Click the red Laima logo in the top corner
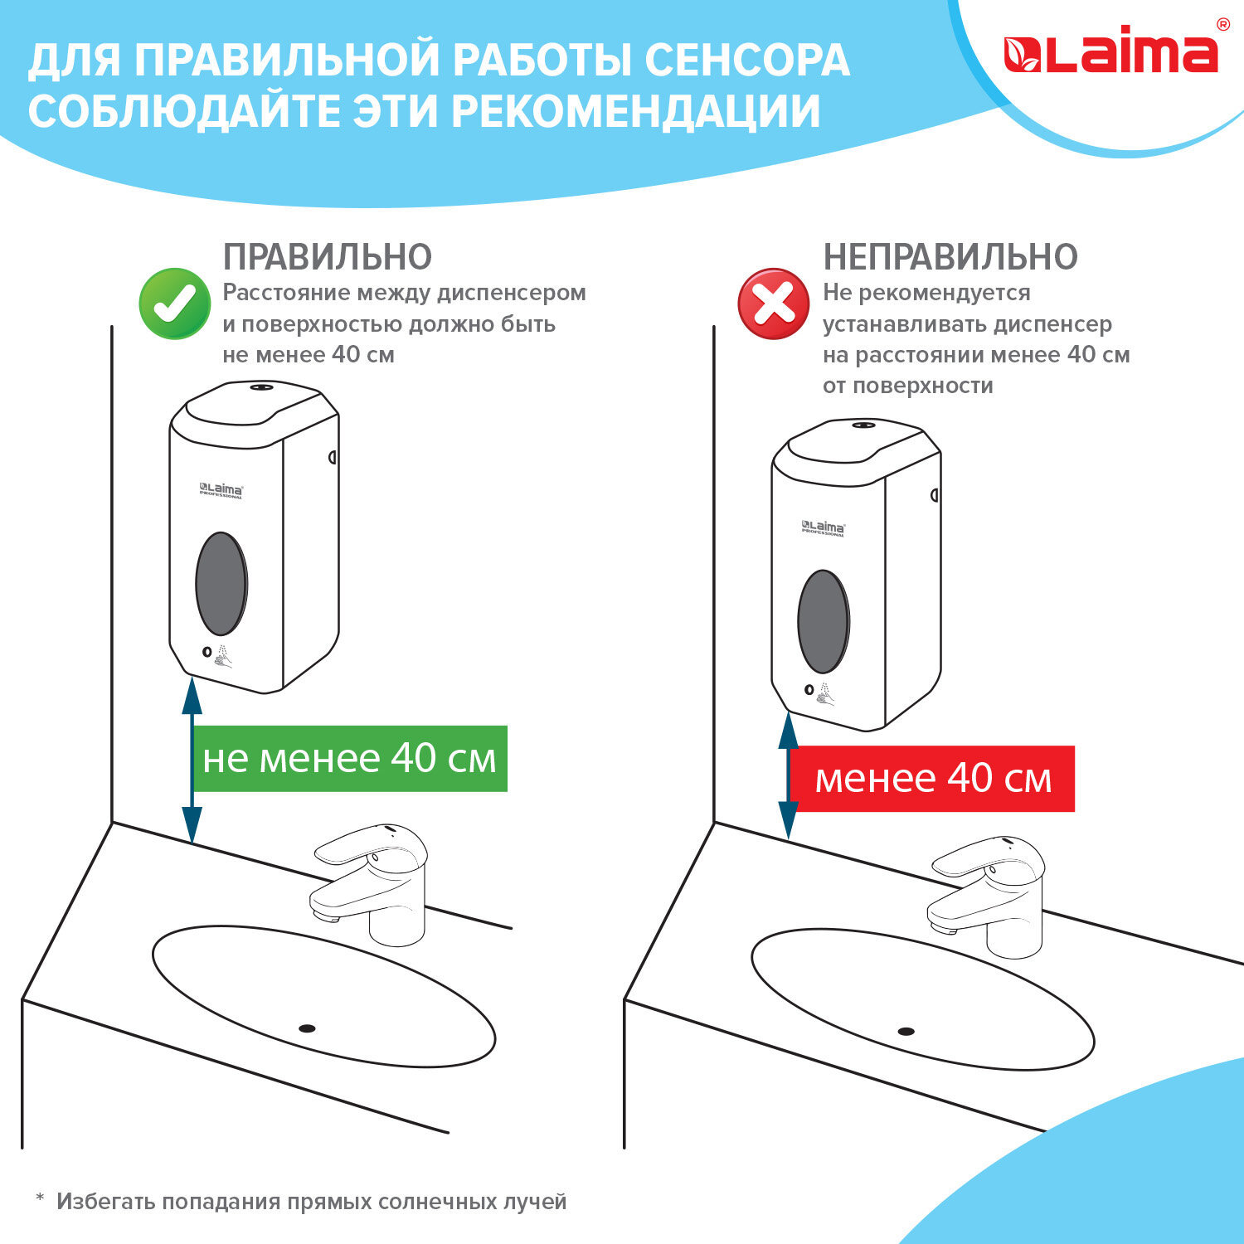[1110, 55]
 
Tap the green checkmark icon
[175, 304]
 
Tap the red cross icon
[774, 304]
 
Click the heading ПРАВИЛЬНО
[328, 257]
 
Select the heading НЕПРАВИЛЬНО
[950, 257]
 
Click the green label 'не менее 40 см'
[349, 759]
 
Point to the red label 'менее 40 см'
[932, 779]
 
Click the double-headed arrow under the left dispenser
[192, 760]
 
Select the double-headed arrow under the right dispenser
[788, 775]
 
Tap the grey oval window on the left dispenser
[221, 584]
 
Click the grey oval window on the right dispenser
[824, 621]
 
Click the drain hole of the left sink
[307, 1028]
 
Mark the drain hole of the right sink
[906, 1032]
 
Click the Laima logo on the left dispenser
[221, 490]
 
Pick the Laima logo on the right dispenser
[824, 527]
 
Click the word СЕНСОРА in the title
[746, 61]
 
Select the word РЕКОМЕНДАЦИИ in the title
[636, 112]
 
